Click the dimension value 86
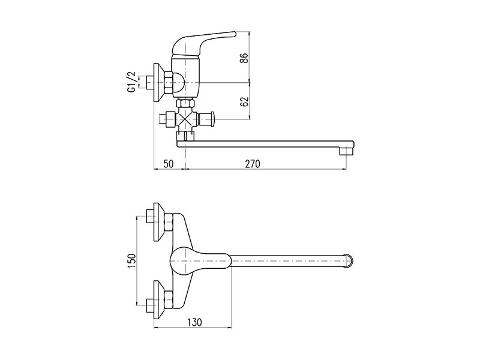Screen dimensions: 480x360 click(x=244, y=58)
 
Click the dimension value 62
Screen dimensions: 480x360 click(x=244, y=101)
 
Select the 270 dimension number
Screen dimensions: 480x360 click(x=252, y=164)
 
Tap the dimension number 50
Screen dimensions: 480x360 click(x=169, y=164)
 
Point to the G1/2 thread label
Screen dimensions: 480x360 click(x=131, y=82)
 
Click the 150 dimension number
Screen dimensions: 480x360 click(x=131, y=261)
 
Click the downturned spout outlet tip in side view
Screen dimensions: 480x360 click(x=346, y=151)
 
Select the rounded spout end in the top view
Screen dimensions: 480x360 click(x=349, y=260)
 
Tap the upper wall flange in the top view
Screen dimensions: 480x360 click(x=159, y=222)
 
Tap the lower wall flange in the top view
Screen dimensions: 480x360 click(x=159, y=299)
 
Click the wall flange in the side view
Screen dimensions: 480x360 click(x=159, y=83)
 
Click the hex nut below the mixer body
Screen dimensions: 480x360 click(x=185, y=103)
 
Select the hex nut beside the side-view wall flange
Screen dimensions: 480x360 click(x=169, y=83)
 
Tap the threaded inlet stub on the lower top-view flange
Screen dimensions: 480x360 click(x=150, y=305)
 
